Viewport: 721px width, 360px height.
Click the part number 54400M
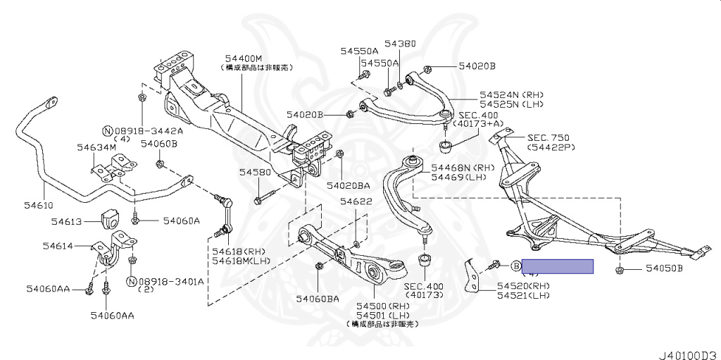pos(244,58)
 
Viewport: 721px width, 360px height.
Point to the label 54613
pos(67,221)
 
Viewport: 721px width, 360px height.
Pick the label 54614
pos(58,246)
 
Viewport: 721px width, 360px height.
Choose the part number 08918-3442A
pos(149,131)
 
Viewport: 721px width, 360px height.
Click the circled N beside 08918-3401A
pos(130,281)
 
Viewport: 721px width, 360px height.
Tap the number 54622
pos(356,201)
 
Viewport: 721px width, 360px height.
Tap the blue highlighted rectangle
pos(557,266)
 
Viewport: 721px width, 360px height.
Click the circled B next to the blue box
pos(515,266)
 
